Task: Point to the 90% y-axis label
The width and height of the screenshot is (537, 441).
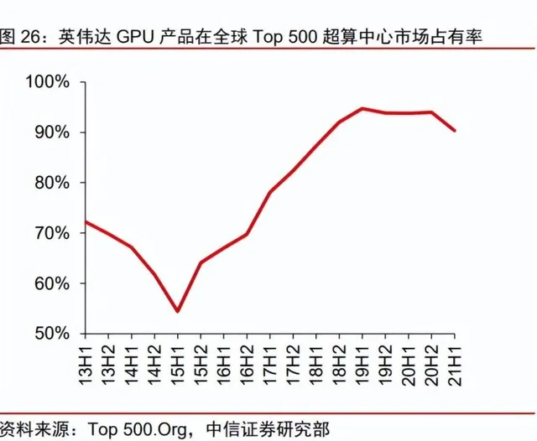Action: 53,132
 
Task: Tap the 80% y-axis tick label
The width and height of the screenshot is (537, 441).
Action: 53,183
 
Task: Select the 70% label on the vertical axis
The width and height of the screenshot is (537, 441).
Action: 53,233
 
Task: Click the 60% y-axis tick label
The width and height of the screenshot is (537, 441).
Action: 53,283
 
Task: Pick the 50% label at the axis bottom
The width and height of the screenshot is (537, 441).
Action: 53,334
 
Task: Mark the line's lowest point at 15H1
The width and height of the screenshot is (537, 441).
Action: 178,311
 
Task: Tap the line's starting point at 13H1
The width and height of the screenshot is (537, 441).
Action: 86,222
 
